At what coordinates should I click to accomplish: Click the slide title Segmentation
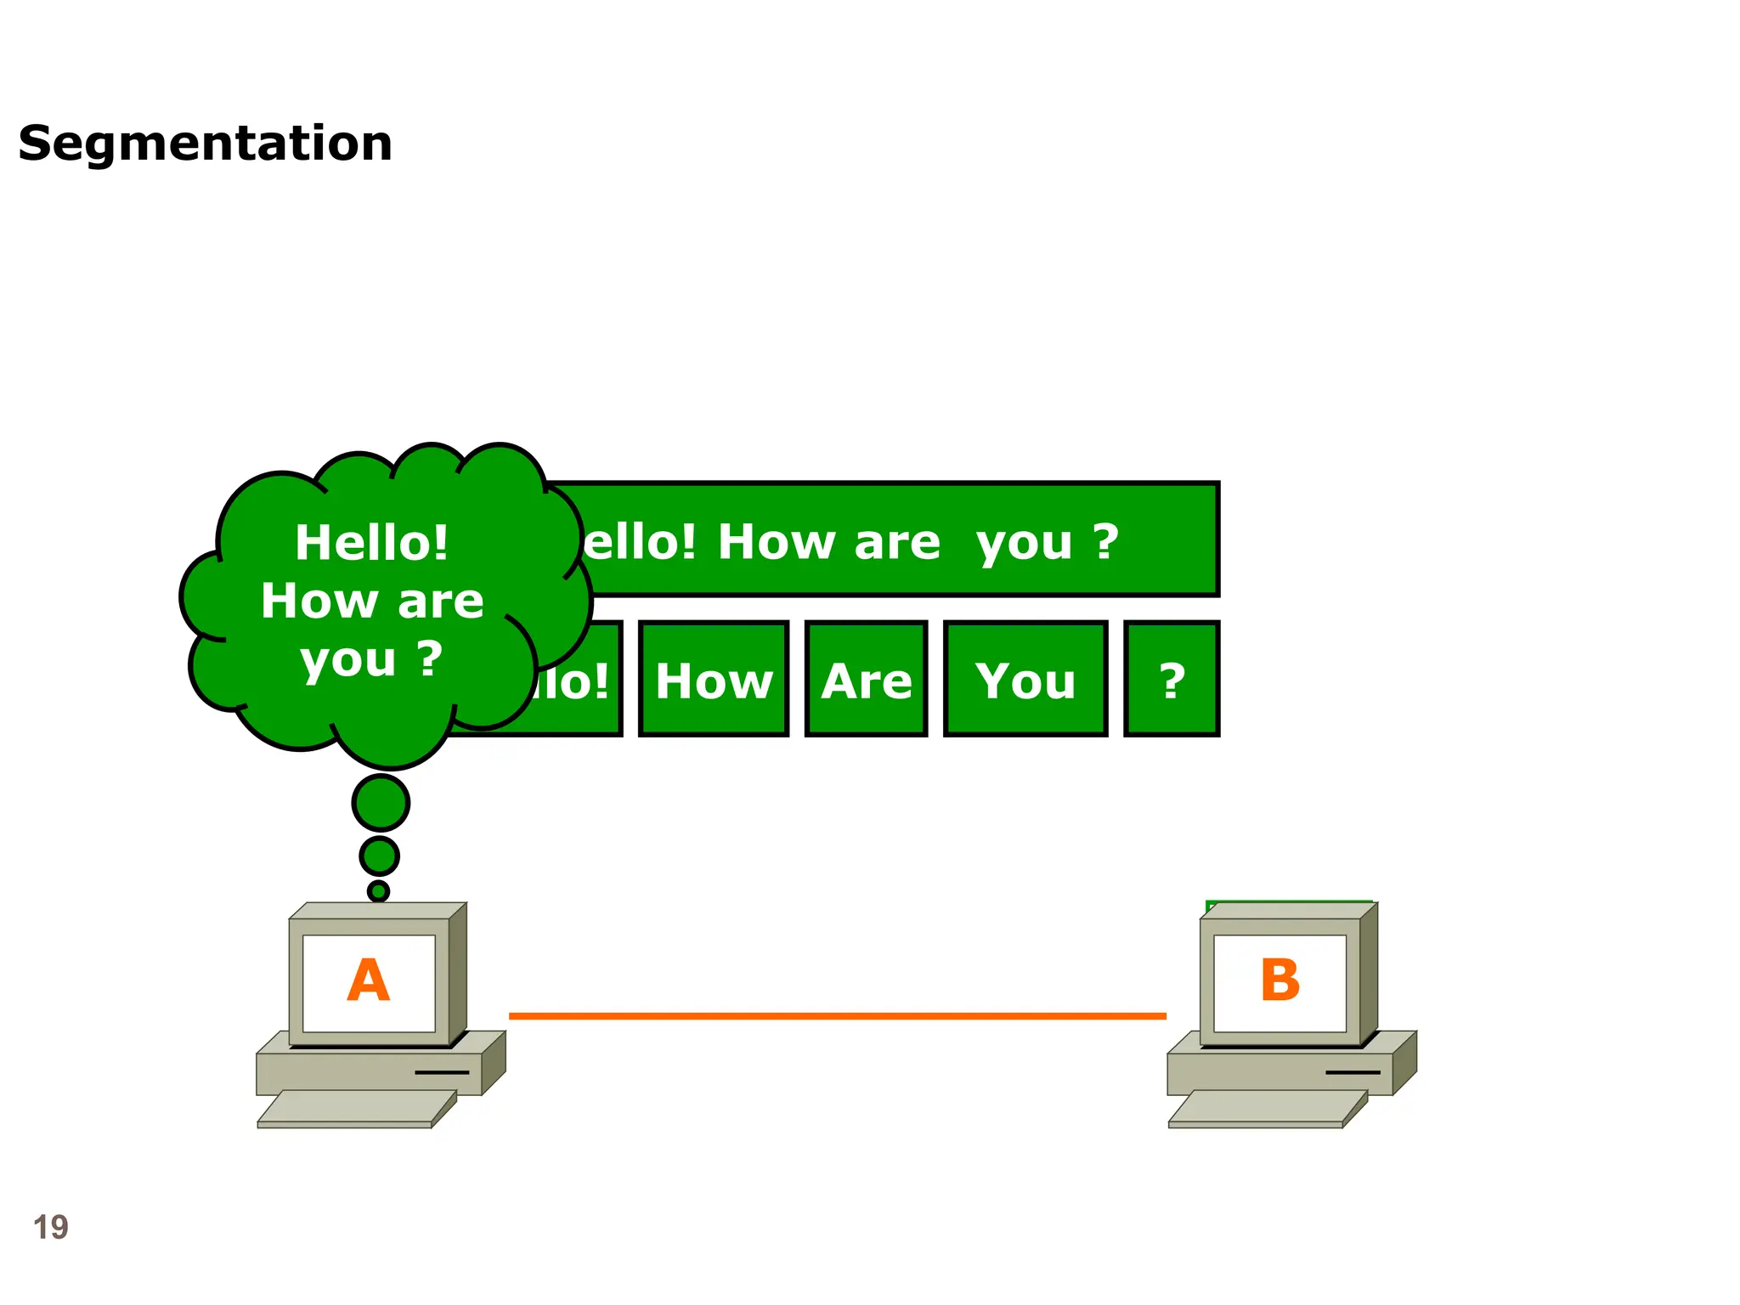point(205,143)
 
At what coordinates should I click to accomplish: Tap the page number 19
point(50,1227)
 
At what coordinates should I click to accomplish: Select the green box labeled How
point(714,680)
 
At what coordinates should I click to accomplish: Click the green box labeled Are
point(866,680)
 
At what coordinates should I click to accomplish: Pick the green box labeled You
point(1025,680)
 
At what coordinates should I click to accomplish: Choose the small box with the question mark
point(1172,680)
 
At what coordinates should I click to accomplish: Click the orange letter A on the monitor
point(369,980)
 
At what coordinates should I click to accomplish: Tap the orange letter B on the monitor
point(1280,980)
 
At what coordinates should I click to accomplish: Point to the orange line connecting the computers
point(837,1015)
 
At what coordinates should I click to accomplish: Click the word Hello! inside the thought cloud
point(371,542)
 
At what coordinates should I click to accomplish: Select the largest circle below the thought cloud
point(381,802)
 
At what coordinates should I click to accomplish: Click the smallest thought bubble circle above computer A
point(378,890)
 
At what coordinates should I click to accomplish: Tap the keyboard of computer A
point(357,1109)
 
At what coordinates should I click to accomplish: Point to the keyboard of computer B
point(1268,1109)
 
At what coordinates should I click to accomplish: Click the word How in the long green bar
point(776,542)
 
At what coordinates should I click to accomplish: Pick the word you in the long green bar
point(1024,544)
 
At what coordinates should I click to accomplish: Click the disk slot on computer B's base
point(1353,1072)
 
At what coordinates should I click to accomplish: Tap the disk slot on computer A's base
point(442,1072)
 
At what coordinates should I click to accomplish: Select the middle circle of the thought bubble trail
point(379,856)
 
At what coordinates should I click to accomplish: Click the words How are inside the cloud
point(372,601)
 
